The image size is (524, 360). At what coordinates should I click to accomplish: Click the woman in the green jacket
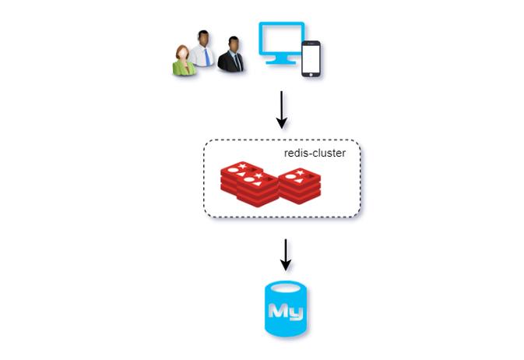click(183, 62)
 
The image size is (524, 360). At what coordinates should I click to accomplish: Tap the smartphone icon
click(312, 58)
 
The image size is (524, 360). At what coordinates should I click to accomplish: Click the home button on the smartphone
click(312, 75)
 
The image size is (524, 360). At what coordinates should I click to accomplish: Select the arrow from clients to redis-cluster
click(281, 111)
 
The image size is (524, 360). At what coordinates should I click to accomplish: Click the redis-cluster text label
click(315, 154)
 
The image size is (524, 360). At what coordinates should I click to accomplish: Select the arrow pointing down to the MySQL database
click(285, 255)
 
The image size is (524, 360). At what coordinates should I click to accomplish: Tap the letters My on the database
click(285, 312)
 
